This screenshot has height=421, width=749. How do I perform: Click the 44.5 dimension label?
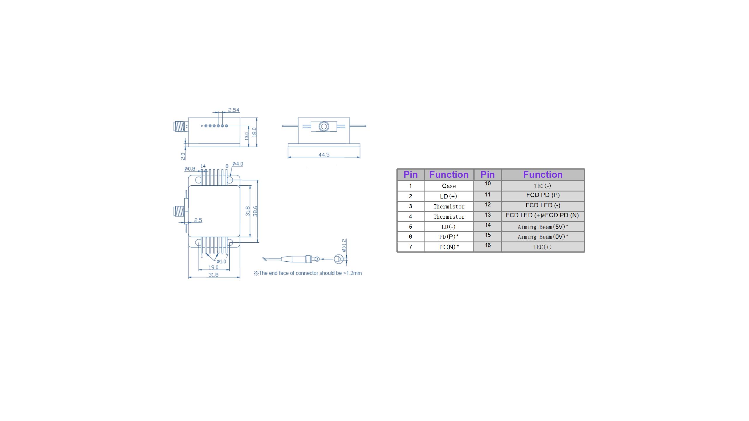pos(324,155)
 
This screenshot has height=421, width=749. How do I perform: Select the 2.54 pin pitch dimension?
pos(234,110)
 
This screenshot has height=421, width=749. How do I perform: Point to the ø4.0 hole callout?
pos(238,164)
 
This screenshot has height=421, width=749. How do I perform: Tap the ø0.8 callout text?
pos(190,169)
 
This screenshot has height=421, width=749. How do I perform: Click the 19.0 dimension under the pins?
pos(213,267)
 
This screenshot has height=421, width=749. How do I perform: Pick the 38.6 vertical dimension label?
pos(255,211)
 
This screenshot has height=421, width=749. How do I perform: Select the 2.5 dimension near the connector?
pos(198,220)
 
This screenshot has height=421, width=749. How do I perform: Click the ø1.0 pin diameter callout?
pos(221,261)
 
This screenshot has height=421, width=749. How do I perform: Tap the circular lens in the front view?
pos(324,126)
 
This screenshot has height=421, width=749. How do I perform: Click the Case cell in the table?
pos(449,186)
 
